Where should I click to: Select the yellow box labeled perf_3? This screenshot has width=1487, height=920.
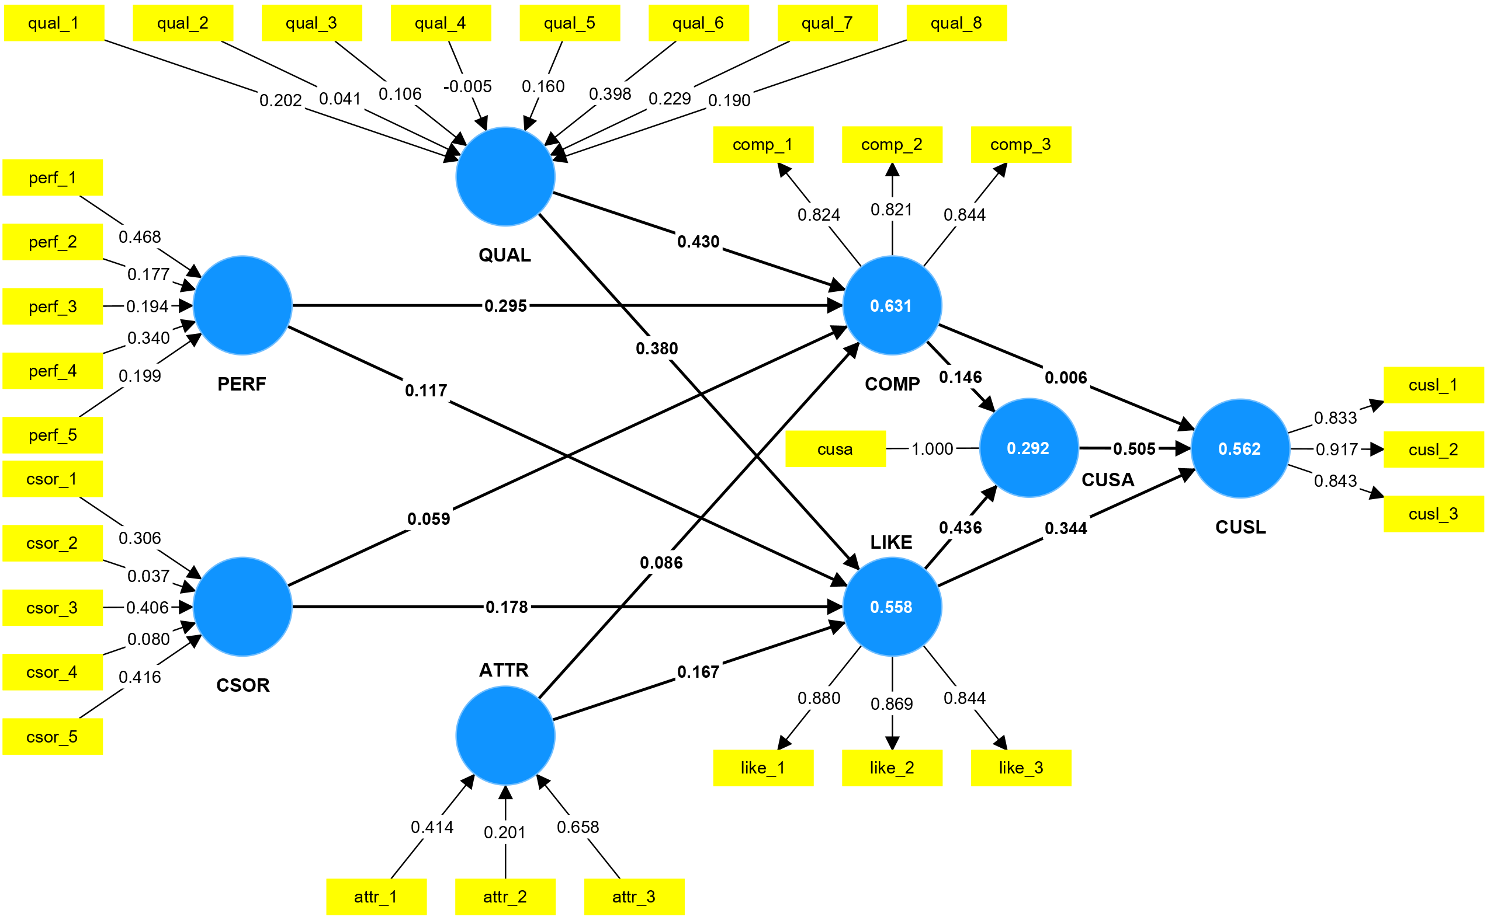(53, 306)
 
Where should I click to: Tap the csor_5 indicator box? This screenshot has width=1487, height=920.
(53, 737)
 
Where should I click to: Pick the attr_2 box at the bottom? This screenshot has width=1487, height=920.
(505, 897)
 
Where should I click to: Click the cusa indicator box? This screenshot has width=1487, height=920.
(835, 449)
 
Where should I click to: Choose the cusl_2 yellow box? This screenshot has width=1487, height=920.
(1433, 449)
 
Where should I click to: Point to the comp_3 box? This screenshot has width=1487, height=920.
(1021, 145)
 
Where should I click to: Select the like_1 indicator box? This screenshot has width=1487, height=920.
(763, 768)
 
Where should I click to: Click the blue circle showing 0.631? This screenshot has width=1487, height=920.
(892, 305)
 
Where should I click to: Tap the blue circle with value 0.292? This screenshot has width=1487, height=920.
(1028, 448)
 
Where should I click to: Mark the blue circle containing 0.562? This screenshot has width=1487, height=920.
(1240, 449)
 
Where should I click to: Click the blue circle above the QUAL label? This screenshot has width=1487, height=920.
(505, 176)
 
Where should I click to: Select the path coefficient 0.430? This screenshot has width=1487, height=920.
(698, 242)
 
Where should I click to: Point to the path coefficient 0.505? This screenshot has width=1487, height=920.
(1134, 449)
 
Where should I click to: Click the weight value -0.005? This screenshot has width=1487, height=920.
(467, 86)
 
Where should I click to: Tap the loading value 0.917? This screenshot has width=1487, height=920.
(1337, 449)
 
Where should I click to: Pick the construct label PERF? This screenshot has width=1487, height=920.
(242, 384)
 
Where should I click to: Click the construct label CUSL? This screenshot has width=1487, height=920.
(1240, 527)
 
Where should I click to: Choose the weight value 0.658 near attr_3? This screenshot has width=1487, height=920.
(578, 827)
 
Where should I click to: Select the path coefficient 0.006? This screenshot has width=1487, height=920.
(1066, 378)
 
